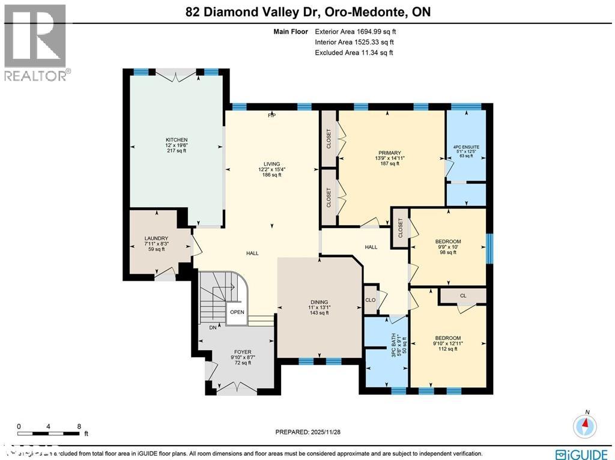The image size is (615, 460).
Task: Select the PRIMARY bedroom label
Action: [389, 153]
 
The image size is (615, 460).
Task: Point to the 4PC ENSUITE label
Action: [466, 147]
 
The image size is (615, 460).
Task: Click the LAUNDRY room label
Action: [155, 238]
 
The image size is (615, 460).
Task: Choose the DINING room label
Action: [319, 302]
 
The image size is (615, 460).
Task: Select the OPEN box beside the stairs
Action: [237, 312]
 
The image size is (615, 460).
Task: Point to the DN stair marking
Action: [213, 328]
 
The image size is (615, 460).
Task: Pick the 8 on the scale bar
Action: [79, 427]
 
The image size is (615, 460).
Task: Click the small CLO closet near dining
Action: [371, 300]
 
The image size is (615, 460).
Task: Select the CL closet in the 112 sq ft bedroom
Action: [462, 295]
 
